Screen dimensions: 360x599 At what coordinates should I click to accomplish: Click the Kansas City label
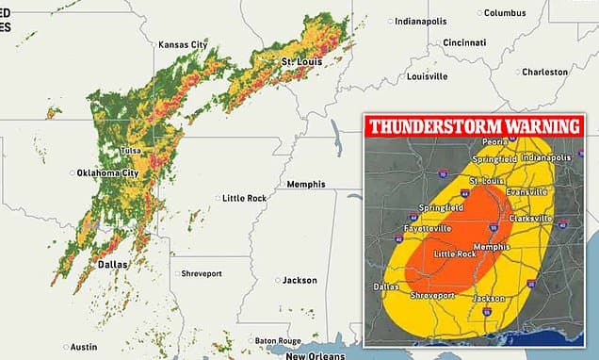pos(184,45)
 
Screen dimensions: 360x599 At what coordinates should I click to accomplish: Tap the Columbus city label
pos(504,12)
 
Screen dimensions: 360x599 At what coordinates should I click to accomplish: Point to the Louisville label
pos(430,76)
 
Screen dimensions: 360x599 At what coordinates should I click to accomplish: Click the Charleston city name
pos(545,72)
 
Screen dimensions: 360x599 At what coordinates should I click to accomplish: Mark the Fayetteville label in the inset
pos(406,229)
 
